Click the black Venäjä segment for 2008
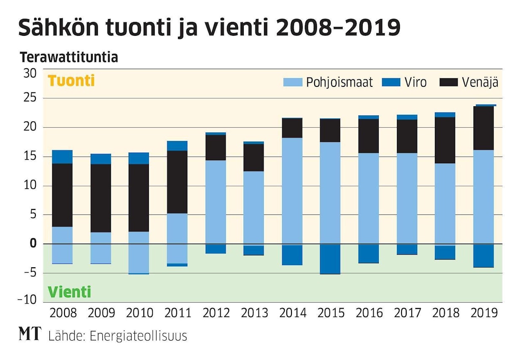coord(62,195)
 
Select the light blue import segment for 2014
coord(292,191)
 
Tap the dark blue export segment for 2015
coord(330,259)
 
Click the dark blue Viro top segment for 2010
coord(139,158)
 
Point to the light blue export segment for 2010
coord(139,258)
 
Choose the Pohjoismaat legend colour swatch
coord(293,82)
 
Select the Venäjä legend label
coord(480,82)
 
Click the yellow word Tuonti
coord(71,81)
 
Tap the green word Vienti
coord(70,292)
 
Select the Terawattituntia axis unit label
coord(69,58)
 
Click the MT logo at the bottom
coord(30,334)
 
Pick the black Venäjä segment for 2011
coord(177,182)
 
